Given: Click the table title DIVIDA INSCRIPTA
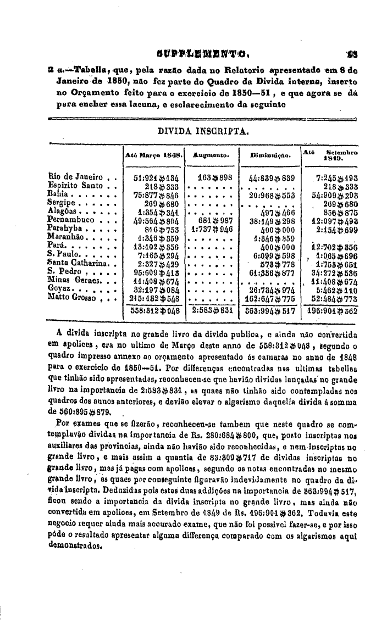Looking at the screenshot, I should pyautogui.click(x=202, y=132).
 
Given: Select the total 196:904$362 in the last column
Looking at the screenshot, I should pyautogui.click(x=331, y=310).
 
